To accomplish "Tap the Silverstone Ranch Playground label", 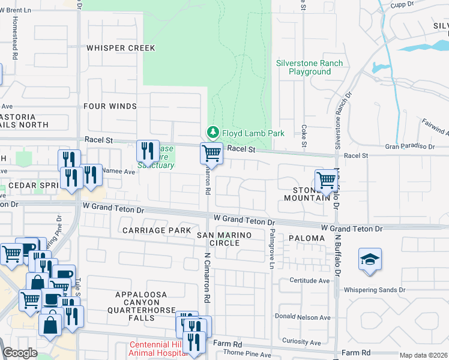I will pos(309,67).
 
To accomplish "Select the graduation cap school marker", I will pos(370,260).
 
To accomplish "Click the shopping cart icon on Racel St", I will pos(211,154).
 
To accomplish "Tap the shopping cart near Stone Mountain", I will pos(326,179).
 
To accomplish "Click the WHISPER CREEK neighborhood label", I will pos(120,48).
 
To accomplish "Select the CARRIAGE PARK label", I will pos(156,230).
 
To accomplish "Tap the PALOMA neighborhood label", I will pos(306,238).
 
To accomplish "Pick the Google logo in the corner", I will pos(20,353).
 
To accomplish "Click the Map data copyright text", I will pos(423,355).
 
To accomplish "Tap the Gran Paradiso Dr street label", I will pos(410,146).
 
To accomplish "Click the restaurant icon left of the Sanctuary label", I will pos(146,151).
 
